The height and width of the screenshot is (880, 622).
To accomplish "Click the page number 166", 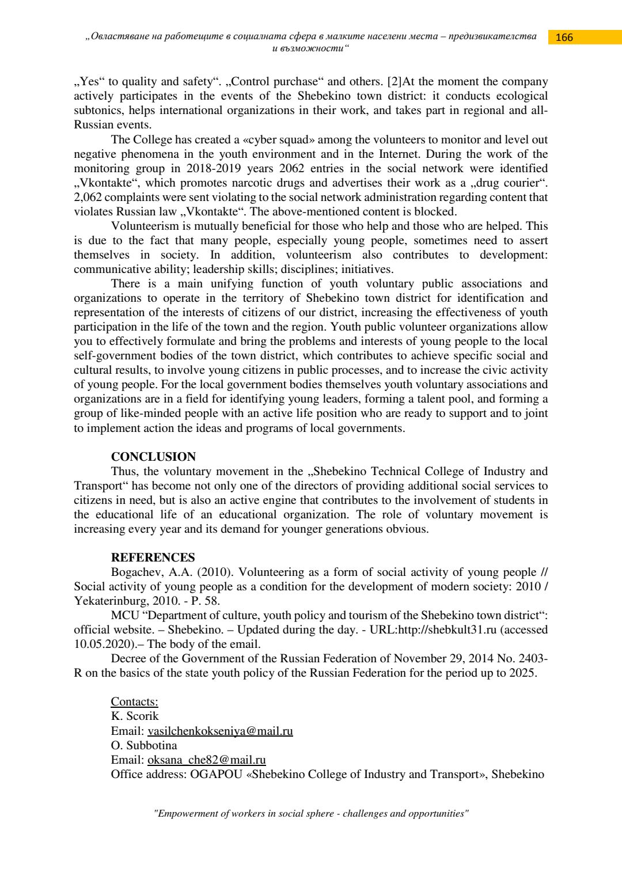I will click(564, 37).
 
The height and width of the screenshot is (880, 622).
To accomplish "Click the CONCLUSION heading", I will click(153, 457).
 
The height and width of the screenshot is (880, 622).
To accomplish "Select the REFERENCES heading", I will click(153, 557).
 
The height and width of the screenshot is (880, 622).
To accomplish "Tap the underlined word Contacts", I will click(134, 701).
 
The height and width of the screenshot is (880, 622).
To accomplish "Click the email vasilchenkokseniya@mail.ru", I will click(220, 731).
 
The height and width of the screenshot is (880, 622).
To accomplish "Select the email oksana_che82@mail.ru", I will click(206, 760).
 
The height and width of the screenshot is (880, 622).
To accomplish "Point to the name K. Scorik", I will click(134, 716).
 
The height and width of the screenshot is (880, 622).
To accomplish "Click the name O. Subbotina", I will click(144, 745).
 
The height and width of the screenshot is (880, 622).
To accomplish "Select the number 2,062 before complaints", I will click(88, 197).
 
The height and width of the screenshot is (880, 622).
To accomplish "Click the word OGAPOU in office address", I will click(216, 774).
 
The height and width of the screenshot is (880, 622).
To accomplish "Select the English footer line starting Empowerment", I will click(311, 813).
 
